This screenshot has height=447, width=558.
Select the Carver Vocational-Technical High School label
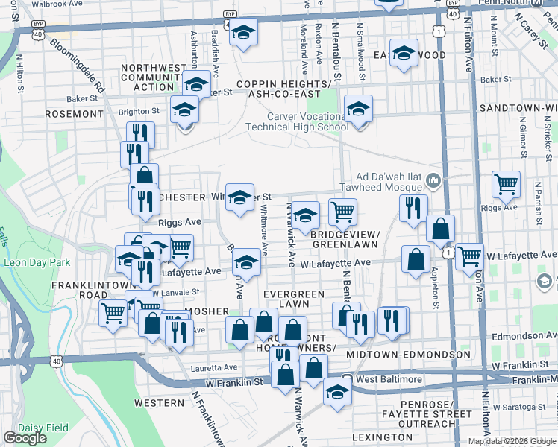coord(308,121)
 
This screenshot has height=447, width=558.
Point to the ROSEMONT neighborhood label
coord(74,114)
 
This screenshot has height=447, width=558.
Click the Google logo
coord(25,438)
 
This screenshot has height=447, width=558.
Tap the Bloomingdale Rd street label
coord(78,67)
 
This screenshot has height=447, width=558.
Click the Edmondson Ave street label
coord(525,336)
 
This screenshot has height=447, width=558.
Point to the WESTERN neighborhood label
coord(159,403)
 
